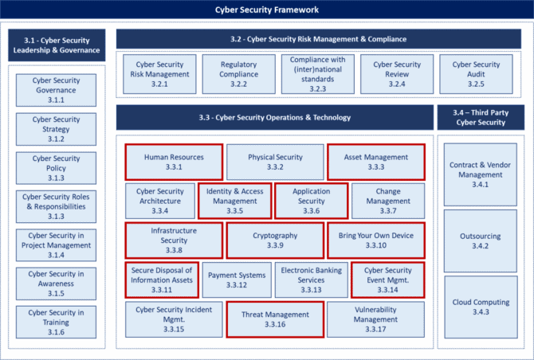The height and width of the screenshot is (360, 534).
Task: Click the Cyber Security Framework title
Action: click(267, 10)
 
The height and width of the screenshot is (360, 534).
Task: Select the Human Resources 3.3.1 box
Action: click(174, 162)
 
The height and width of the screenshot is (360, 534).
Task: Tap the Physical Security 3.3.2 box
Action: click(275, 162)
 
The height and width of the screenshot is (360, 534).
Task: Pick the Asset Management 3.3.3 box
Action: click(376, 162)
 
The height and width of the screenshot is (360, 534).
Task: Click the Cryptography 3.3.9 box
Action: click(275, 241)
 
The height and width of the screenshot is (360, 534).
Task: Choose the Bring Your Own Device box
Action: click(376, 241)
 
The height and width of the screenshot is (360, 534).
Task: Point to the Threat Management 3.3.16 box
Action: click(275, 319)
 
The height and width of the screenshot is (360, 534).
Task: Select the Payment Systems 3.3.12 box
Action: click(237, 280)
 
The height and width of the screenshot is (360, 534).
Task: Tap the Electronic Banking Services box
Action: click(312, 280)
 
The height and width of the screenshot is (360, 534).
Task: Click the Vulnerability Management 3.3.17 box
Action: click(375, 319)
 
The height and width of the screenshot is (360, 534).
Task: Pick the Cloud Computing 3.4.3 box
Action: click(481, 307)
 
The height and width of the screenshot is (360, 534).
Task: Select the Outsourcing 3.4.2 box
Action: click(480, 241)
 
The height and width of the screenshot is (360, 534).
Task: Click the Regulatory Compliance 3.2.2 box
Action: click(239, 74)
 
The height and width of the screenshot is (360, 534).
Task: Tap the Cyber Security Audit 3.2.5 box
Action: click(476, 74)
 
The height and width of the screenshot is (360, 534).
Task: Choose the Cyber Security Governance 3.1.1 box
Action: click(56, 90)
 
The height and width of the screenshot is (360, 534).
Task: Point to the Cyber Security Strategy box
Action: click(56, 129)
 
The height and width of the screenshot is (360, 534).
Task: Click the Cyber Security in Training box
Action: click(56, 323)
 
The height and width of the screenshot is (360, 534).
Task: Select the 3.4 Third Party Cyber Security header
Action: click(481, 117)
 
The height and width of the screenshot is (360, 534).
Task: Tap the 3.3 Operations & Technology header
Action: click(275, 117)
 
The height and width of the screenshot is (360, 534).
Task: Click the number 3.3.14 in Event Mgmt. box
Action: click(387, 290)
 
